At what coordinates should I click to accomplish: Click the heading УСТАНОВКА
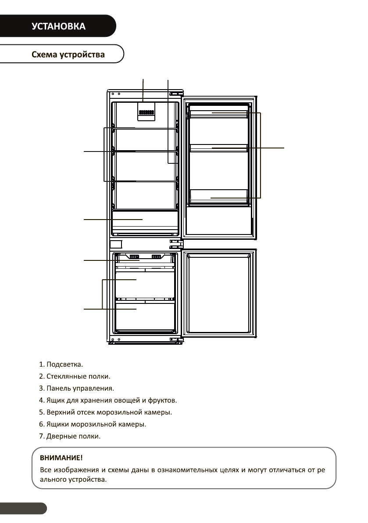coord(58,26)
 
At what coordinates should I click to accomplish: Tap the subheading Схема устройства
coord(68,55)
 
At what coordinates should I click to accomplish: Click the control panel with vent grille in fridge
coord(146,112)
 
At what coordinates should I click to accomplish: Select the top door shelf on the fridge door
coord(218,115)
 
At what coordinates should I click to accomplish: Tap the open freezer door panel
coord(218,292)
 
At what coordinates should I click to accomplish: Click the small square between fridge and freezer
coord(115,244)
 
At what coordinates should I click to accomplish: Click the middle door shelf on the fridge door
coord(218,148)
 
